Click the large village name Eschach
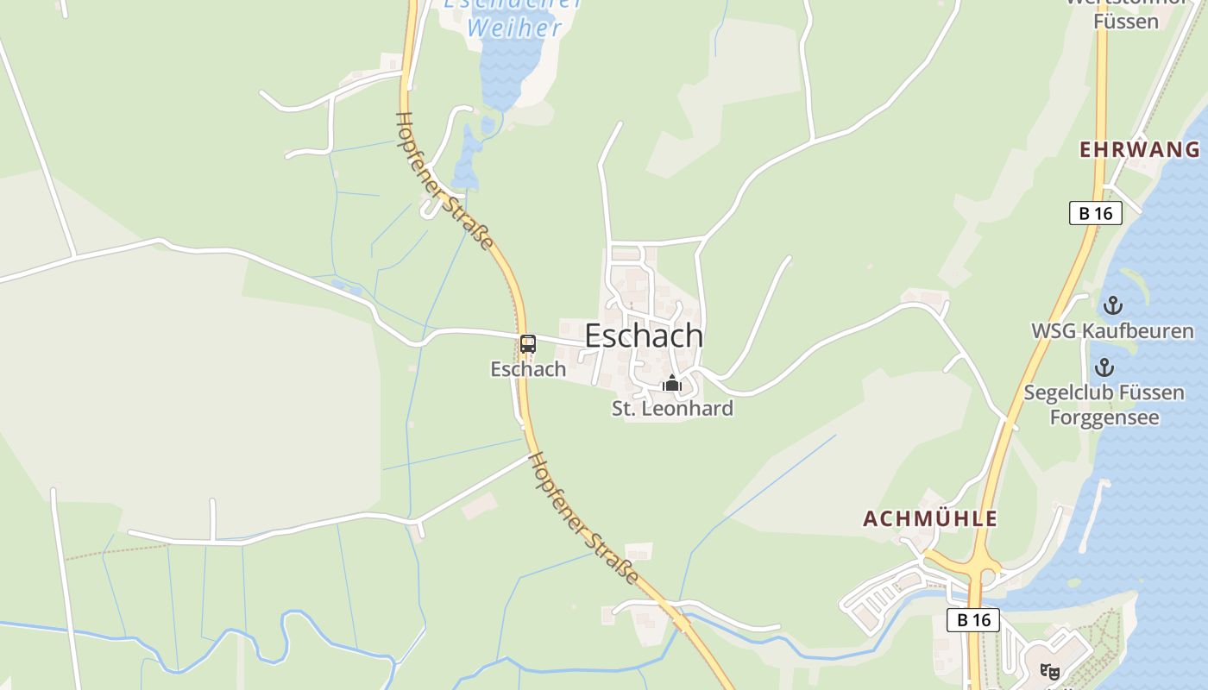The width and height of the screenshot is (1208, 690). click(x=644, y=336)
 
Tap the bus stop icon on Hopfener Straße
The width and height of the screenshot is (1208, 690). click(x=528, y=343)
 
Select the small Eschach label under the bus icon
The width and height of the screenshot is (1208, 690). click(x=528, y=369)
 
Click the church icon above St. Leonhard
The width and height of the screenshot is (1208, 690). click(x=671, y=384)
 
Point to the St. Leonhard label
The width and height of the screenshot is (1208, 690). click(x=672, y=409)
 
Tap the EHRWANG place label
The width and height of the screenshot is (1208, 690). click(x=1140, y=149)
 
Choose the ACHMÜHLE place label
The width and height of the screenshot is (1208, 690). click(x=930, y=518)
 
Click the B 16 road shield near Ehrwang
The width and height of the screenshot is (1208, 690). click(x=1095, y=213)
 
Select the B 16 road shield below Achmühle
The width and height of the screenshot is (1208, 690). click(x=973, y=619)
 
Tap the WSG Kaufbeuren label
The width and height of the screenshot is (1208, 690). click(x=1113, y=331)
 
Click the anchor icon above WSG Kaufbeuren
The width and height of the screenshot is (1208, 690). click(x=1113, y=305)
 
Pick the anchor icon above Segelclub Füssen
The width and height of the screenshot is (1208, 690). click(x=1104, y=368)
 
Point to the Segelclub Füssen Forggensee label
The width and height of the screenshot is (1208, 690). click(x=1104, y=405)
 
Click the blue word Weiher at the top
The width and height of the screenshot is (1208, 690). click(x=514, y=28)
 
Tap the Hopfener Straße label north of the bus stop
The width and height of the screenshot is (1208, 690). click(x=444, y=181)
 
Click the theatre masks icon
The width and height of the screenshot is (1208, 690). click(x=1050, y=670)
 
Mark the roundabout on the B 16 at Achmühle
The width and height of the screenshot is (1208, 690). click(x=978, y=569)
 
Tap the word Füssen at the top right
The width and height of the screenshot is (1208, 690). click(x=1125, y=21)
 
